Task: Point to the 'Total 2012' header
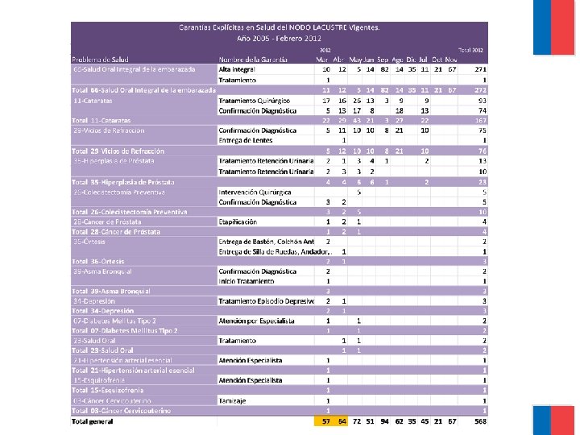(471, 50)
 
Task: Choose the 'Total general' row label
(93, 420)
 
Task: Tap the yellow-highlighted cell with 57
(326, 420)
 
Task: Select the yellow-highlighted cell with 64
(342, 420)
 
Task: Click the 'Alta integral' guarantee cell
(235, 70)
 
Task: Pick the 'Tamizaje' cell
(231, 400)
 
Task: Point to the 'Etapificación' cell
(238, 221)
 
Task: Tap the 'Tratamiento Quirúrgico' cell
(255, 100)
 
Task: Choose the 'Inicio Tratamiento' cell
(246, 280)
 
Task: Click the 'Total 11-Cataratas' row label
(101, 120)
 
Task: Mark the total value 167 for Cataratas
(481, 120)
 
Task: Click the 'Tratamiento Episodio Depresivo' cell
(266, 300)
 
